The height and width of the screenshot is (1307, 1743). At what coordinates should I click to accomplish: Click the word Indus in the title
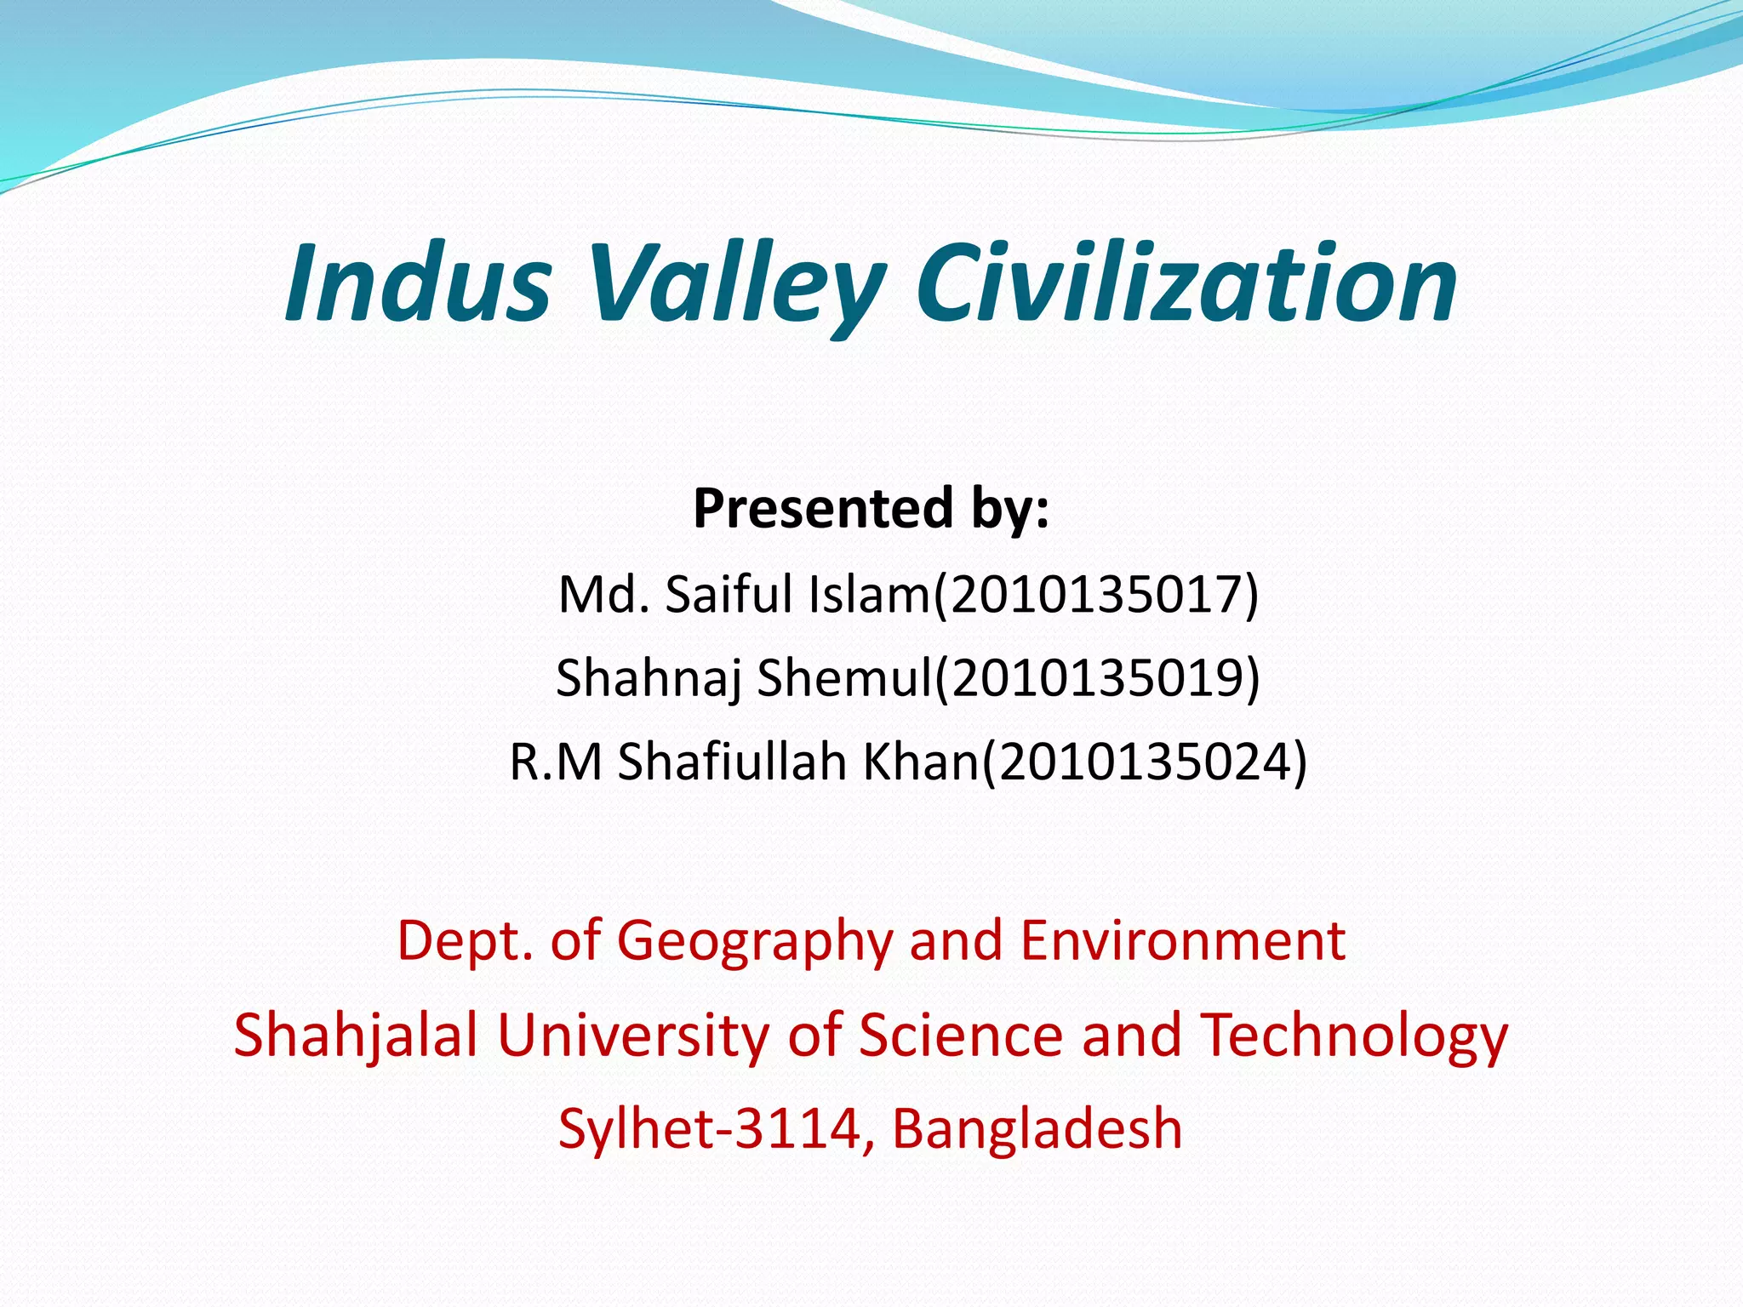(x=418, y=283)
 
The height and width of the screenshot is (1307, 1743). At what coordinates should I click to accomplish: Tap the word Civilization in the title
(x=1186, y=283)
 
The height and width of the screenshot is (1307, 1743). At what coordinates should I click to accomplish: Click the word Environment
(x=1183, y=941)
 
